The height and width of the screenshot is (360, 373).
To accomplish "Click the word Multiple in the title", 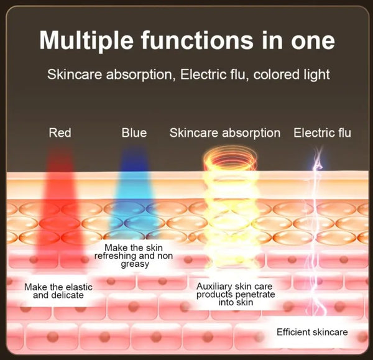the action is (86, 40).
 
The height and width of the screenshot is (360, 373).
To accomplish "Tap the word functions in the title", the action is (197, 40).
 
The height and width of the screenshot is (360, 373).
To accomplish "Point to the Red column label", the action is (60, 132).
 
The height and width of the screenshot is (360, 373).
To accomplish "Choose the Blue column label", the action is (134, 132).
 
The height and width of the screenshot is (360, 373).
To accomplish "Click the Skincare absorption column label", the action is (225, 133).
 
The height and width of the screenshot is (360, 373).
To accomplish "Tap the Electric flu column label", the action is (322, 132).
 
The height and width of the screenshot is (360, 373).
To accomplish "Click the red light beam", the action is (60, 210).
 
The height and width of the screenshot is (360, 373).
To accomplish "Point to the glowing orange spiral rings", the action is (230, 158).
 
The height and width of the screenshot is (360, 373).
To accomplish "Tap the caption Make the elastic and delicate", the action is (58, 291).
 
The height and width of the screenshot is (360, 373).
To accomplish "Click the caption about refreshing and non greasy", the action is (134, 256).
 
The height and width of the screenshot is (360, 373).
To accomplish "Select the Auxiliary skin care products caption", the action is (236, 294).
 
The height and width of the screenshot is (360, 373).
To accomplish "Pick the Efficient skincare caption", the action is (312, 332).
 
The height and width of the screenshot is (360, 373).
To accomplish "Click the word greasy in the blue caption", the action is (135, 264).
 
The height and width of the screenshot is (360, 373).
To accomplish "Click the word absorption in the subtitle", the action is (139, 75).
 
